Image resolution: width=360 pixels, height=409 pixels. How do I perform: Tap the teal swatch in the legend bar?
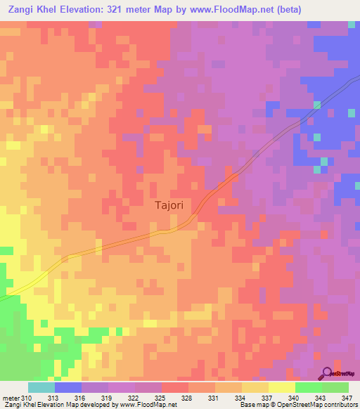coord(41,387)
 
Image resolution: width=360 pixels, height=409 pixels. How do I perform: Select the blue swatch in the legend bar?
coord(68,387)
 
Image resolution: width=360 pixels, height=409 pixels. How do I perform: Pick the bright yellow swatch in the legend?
coord(282,387)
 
